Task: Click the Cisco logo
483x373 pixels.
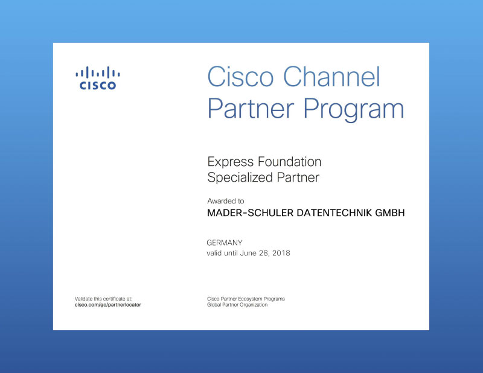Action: tap(98, 78)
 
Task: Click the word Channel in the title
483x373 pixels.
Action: tap(331, 77)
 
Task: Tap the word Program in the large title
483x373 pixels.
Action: tap(354, 109)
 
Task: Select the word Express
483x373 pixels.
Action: tap(231, 162)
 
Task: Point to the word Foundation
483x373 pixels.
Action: tap(290, 161)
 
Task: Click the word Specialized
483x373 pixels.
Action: tap(240, 177)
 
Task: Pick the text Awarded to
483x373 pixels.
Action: tap(225, 201)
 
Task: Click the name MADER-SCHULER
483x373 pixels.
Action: tap(250, 213)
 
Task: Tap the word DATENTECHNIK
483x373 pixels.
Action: tap(334, 213)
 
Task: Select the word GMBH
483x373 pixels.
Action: tap(389, 213)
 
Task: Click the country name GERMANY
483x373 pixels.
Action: tap(225, 243)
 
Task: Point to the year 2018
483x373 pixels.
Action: tap(281, 253)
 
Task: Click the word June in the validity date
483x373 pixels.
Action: tap(248, 253)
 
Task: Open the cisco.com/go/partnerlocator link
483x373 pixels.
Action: tap(108, 305)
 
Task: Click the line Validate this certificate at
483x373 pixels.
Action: tap(103, 299)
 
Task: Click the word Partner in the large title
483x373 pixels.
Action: tap(251, 109)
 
